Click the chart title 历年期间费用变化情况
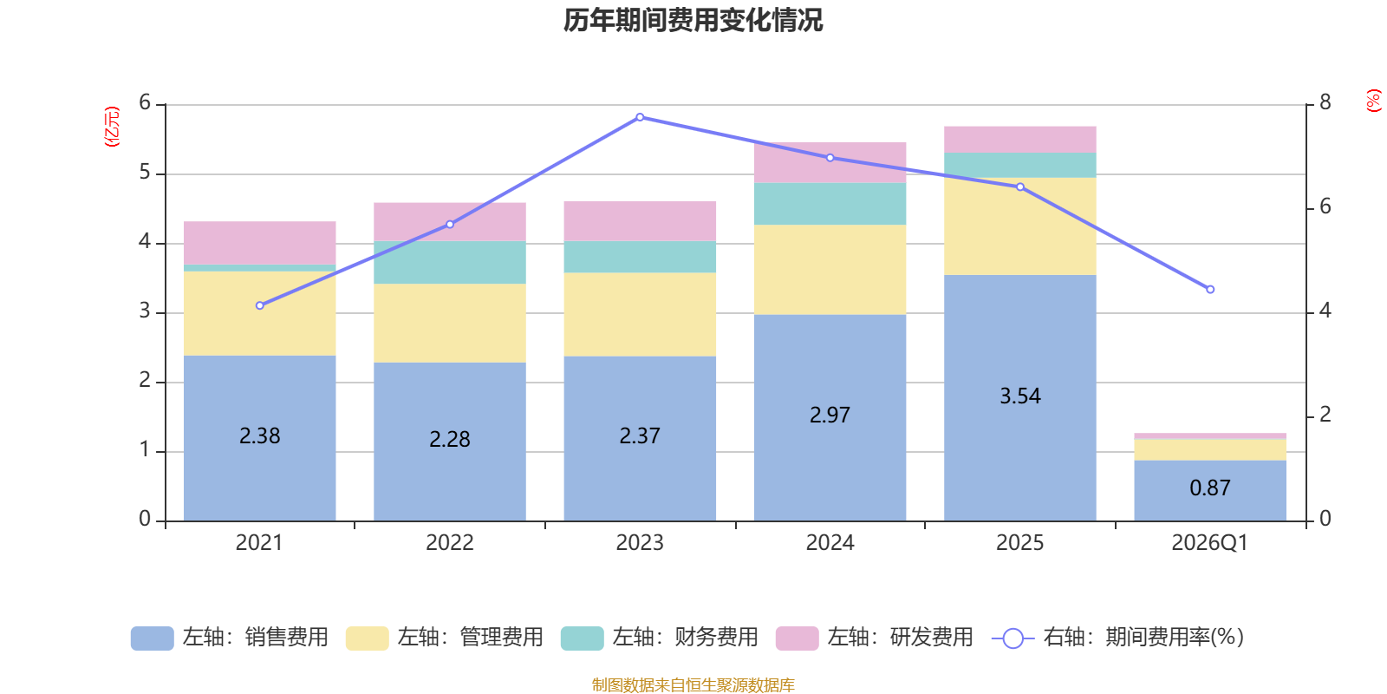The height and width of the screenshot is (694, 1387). (693, 20)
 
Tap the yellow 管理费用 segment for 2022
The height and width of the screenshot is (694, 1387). (450, 323)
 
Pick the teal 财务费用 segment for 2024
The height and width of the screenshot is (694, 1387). (830, 203)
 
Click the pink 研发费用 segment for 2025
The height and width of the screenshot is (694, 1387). (1019, 139)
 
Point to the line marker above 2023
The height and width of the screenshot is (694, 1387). (640, 117)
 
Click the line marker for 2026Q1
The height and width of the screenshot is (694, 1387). (1210, 289)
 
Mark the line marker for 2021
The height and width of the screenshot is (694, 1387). (260, 305)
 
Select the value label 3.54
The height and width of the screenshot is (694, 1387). (1019, 396)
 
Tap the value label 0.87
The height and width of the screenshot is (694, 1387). (1210, 488)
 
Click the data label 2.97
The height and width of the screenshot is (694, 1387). (830, 416)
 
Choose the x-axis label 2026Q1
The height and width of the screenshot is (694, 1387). (1209, 543)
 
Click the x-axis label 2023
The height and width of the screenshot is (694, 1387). (640, 543)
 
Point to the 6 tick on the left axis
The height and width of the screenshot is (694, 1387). (145, 103)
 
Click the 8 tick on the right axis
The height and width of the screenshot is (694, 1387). (1325, 103)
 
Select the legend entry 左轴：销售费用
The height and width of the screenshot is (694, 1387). (230, 638)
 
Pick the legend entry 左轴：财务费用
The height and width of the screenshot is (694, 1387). (660, 638)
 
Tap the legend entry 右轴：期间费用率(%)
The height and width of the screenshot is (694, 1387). (1118, 638)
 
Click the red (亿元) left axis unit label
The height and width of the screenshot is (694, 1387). (111, 127)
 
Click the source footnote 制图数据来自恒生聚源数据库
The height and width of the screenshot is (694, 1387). (693, 685)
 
